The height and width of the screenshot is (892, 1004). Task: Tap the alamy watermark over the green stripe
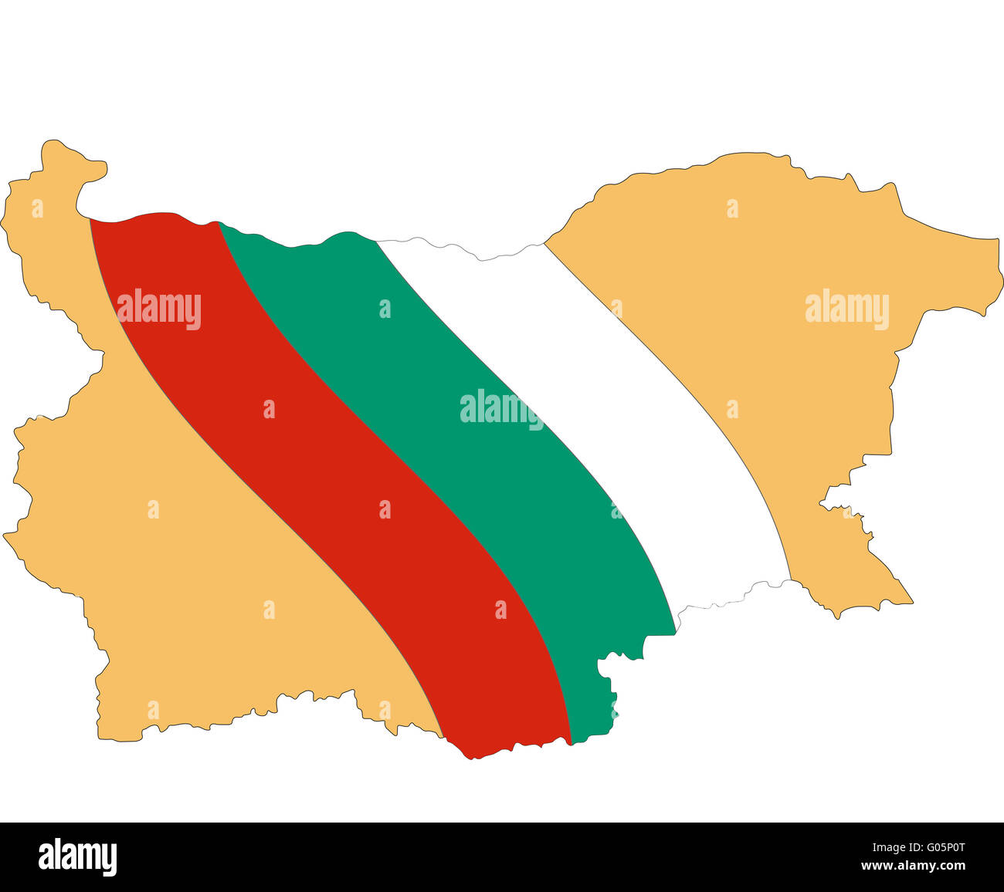tap(501, 409)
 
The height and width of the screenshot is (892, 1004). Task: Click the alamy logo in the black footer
tap(77, 857)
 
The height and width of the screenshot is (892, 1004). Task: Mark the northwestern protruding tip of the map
tap(54, 144)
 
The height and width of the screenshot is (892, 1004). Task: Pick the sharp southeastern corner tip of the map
tap(911, 602)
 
